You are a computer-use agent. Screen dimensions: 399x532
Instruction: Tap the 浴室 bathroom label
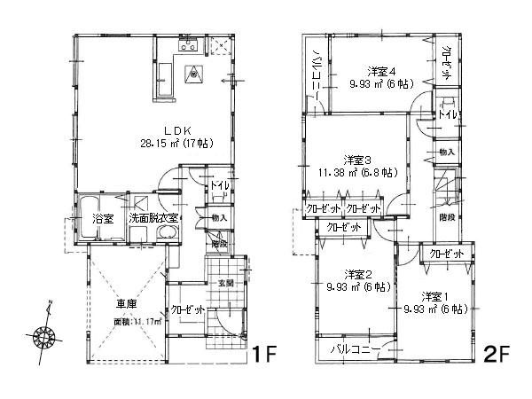coord(103,218)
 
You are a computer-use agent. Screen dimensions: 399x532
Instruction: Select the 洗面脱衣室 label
coord(156,218)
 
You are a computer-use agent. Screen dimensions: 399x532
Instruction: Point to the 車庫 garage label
coord(127,305)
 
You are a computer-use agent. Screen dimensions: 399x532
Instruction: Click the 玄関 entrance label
coord(227,283)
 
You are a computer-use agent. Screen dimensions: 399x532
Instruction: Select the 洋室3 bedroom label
coord(356,160)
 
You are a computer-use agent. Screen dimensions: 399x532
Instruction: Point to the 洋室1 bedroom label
coord(432,295)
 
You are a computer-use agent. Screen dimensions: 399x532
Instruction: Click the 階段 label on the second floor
coord(447,215)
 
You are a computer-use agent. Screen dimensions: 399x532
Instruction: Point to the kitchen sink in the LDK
coord(188,46)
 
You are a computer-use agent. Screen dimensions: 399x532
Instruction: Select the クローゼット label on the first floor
coord(188,309)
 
